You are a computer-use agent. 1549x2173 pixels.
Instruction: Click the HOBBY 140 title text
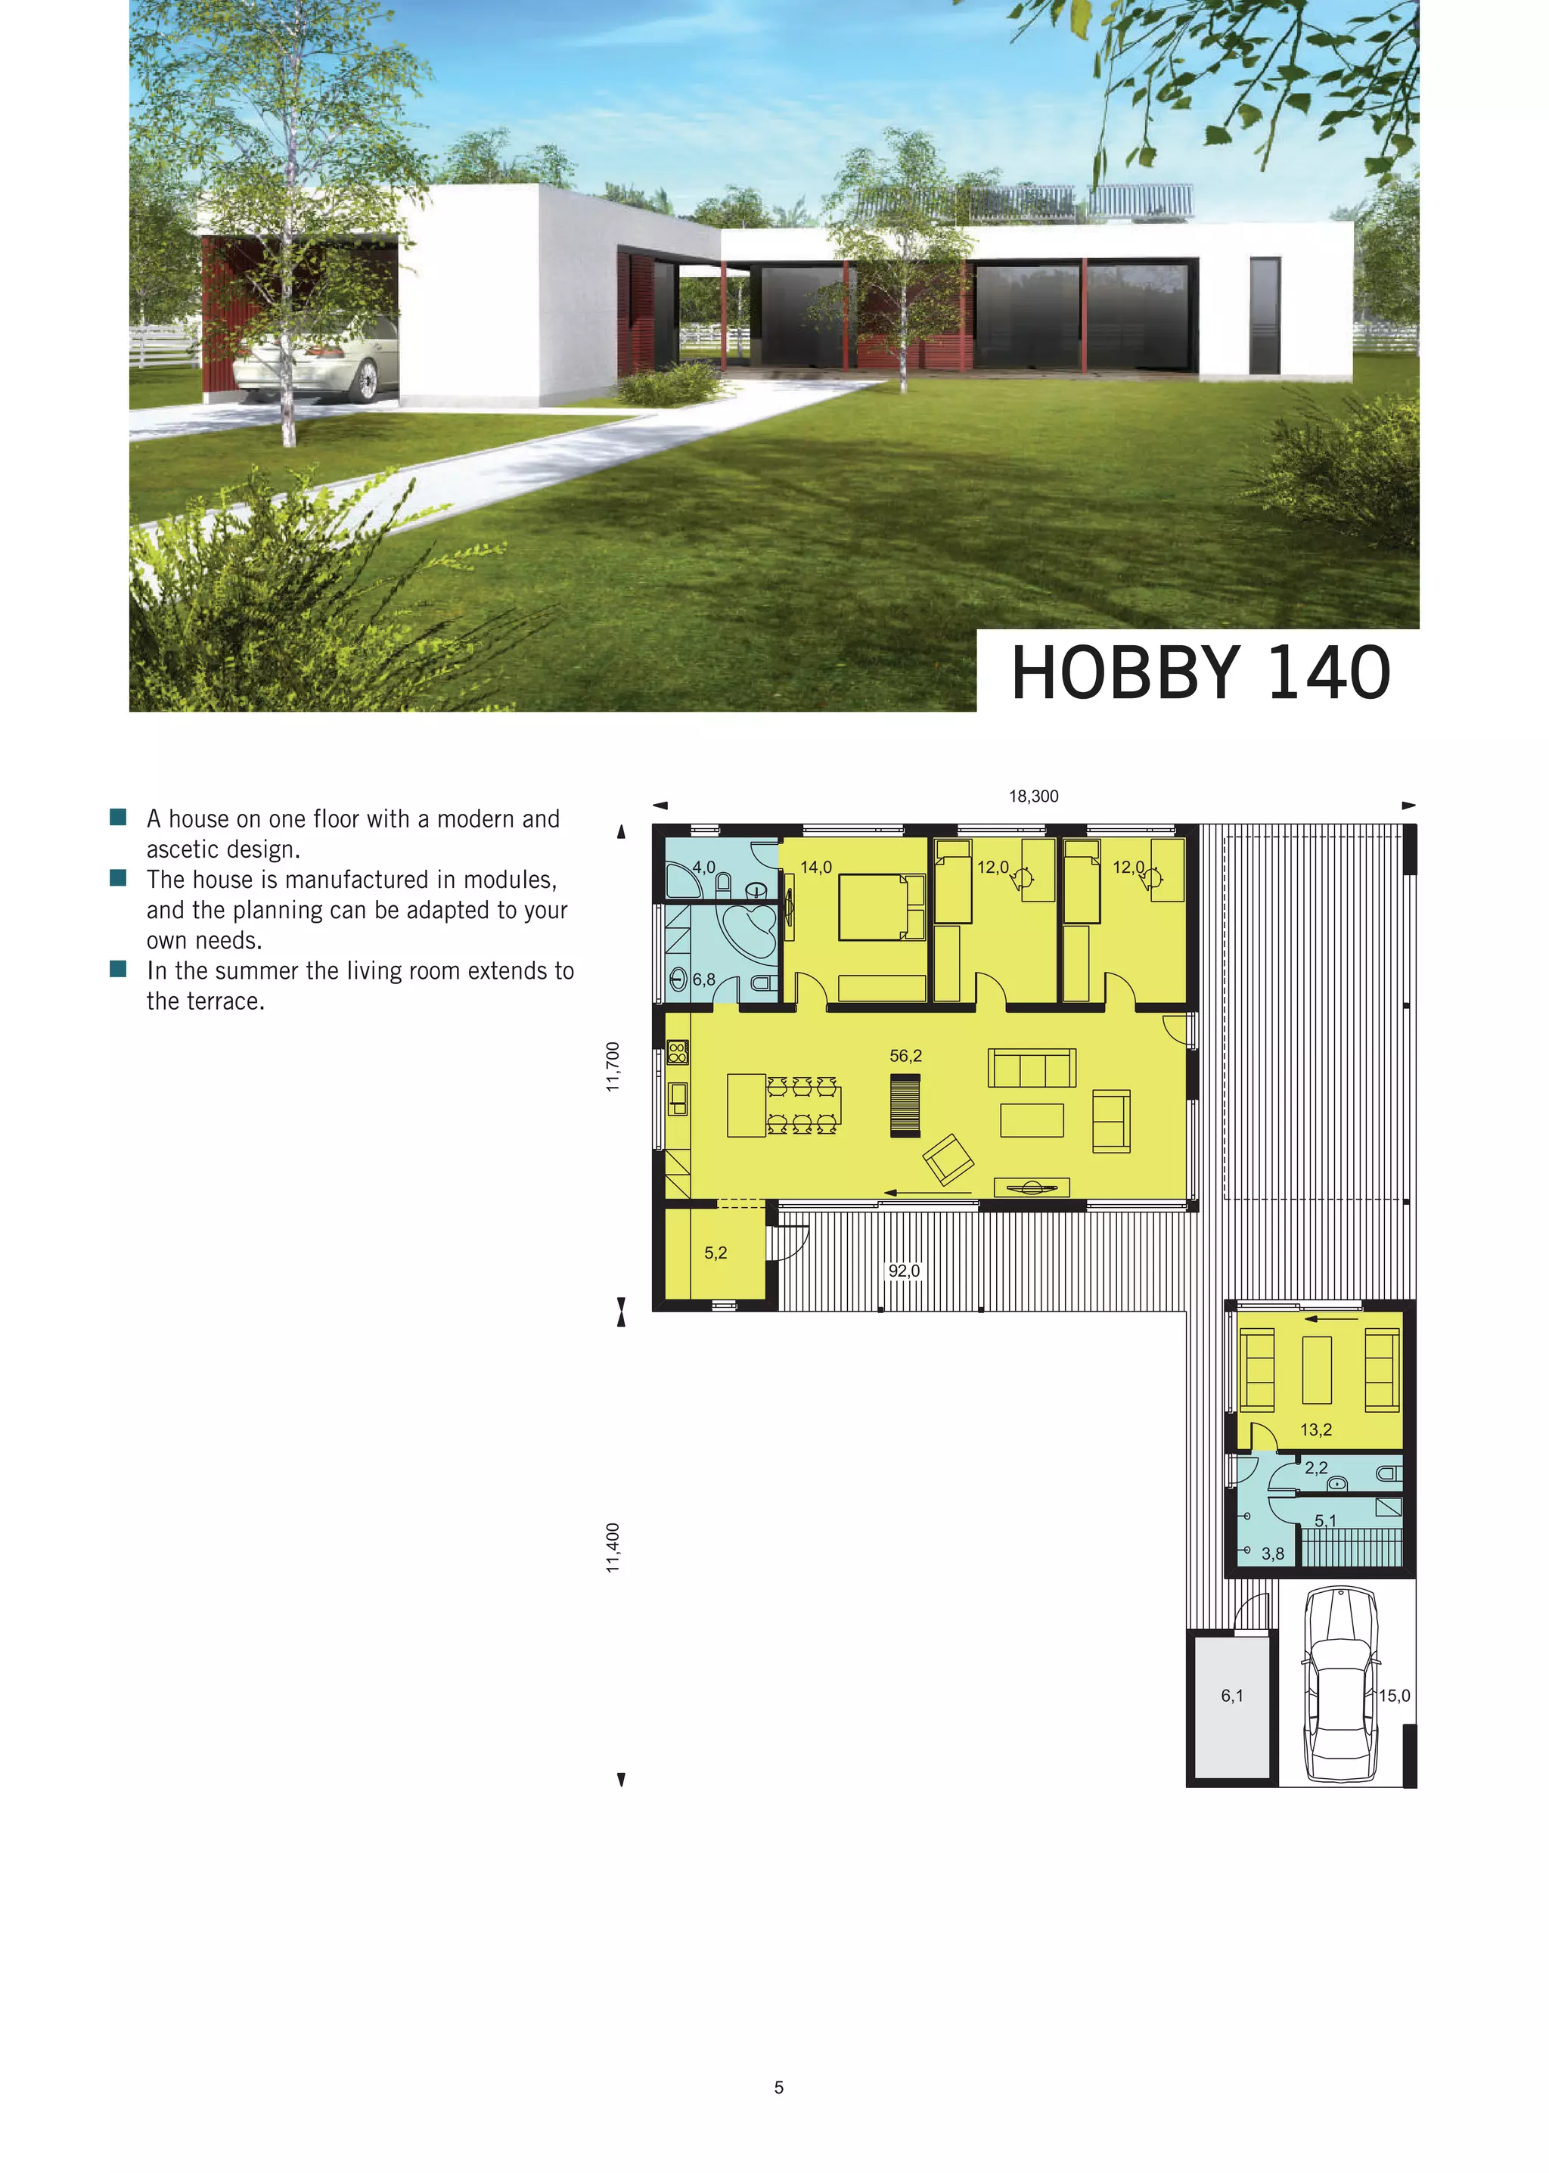click(1200, 673)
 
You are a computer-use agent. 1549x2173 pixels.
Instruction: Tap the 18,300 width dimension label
click(1033, 796)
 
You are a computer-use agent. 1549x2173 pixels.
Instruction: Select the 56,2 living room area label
click(905, 1056)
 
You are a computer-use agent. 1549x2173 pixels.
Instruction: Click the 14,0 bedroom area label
click(815, 867)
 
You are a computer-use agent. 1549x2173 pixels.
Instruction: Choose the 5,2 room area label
click(716, 1253)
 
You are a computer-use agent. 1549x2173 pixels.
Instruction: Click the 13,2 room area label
click(1315, 1430)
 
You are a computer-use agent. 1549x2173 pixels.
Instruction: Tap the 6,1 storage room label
click(1231, 1695)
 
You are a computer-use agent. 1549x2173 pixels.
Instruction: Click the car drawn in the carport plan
click(1340, 1684)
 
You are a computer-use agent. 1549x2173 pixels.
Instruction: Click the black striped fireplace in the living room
click(905, 1106)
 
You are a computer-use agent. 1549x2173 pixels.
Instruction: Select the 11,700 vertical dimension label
click(613, 1066)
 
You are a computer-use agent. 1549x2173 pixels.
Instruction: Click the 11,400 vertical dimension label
click(613, 1547)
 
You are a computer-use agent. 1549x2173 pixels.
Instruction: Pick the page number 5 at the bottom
click(778, 2087)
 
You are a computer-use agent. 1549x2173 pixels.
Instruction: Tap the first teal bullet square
click(118, 818)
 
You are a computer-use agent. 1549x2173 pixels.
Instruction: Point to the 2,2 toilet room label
click(1315, 1468)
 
